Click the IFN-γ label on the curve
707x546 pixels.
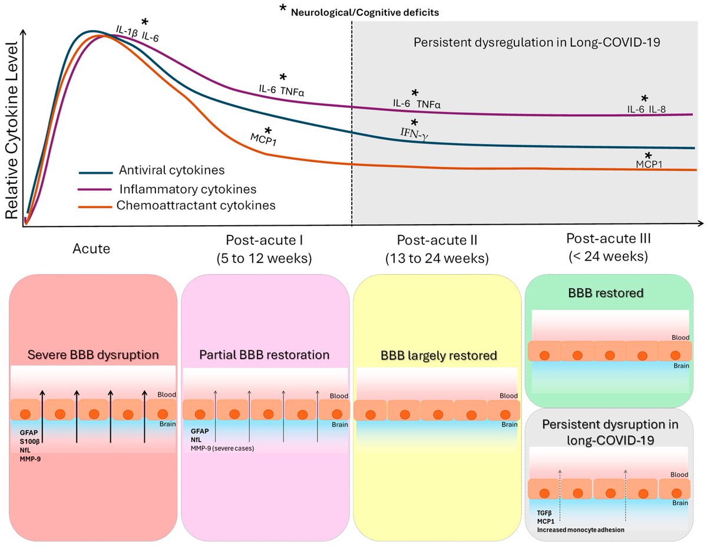click(415, 135)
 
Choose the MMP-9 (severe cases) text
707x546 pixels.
click(225, 448)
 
